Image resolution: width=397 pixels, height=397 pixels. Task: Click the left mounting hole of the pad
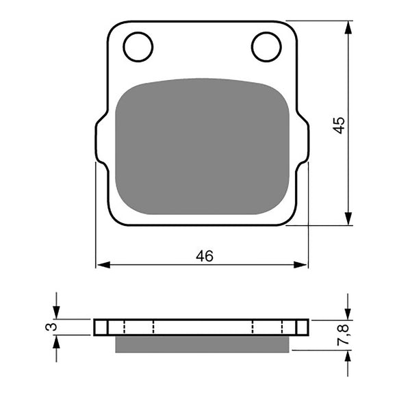pos(138,47)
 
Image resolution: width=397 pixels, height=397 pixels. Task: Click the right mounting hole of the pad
pos(266,47)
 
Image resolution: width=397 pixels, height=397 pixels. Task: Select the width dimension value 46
pos(204,256)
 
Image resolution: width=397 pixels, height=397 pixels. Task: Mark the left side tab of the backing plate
pos(101,140)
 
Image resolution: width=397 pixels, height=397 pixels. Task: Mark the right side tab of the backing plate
pos(304,140)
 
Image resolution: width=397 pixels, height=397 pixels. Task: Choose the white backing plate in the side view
pos(202,327)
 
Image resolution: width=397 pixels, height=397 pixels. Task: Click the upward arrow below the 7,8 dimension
pos(349,361)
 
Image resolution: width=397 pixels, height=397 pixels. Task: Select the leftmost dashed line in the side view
pos(125,327)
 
